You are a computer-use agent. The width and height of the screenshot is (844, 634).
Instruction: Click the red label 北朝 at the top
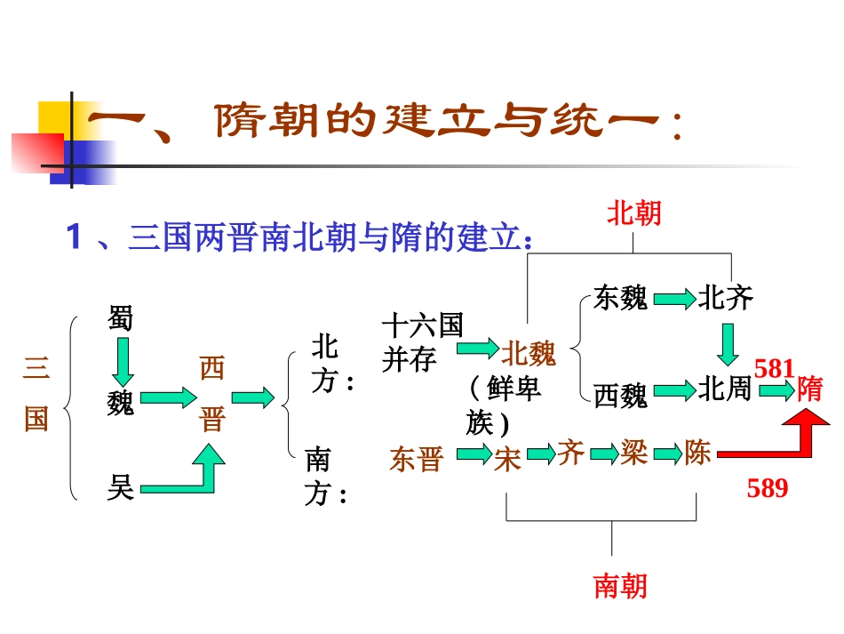(634, 213)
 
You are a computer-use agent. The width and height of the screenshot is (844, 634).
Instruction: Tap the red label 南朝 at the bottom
(620, 585)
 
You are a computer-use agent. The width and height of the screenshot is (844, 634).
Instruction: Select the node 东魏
(620, 299)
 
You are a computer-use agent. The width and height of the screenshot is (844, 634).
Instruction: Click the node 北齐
(725, 297)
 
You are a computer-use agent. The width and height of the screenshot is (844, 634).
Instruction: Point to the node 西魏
(620, 395)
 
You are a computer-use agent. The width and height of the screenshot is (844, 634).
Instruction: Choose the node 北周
(725, 389)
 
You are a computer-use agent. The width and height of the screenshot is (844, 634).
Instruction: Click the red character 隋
(809, 389)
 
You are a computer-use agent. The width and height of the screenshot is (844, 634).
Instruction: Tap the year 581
(774, 368)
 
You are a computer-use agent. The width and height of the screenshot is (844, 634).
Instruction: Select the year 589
(768, 487)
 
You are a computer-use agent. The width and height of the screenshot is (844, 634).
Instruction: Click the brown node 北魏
(529, 354)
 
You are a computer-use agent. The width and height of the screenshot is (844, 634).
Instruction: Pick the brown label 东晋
(416, 459)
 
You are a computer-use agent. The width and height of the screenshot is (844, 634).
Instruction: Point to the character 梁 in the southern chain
(633, 453)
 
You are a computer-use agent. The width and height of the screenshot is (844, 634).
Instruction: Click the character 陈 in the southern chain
(697, 453)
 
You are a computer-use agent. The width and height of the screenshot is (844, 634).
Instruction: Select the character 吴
(120, 486)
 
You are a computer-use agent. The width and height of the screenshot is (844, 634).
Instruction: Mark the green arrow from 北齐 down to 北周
(729, 345)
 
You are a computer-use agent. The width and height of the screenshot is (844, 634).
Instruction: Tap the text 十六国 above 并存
(422, 325)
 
